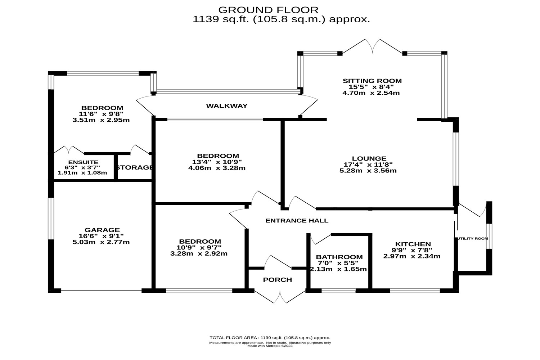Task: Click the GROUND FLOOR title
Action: point(268,10)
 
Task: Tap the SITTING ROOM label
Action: point(372,81)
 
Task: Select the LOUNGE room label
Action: point(369,158)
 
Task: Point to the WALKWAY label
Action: point(227,106)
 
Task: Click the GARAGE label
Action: point(102,230)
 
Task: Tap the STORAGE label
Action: point(134,167)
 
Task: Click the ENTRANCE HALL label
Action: point(297,220)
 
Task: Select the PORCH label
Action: point(277,280)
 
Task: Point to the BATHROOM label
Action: point(339,257)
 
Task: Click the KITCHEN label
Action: point(413,244)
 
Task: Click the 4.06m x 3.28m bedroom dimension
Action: point(217,168)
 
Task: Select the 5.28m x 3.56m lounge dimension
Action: point(368,171)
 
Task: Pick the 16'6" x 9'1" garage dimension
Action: point(102,236)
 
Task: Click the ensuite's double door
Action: point(69,150)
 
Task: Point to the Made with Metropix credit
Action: point(270,346)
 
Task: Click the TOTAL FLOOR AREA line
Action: point(270,338)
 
